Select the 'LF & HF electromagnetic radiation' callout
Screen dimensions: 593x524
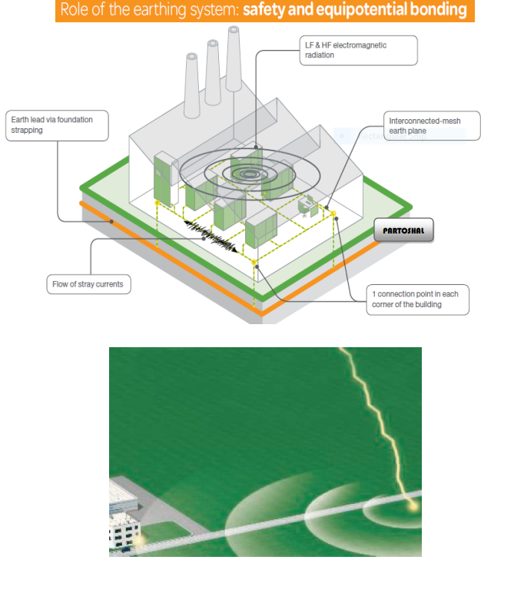359,50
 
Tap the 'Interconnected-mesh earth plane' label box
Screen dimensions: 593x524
432,126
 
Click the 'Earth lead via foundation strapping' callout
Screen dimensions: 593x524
57,125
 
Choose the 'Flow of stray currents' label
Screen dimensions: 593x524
88,284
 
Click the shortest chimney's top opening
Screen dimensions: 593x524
191,58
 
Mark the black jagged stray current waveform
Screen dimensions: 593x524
211,234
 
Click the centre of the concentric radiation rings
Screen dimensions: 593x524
250,174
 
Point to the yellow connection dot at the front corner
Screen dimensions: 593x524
255,263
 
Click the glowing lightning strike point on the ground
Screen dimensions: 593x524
414,505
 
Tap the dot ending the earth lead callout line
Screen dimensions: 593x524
112,221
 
